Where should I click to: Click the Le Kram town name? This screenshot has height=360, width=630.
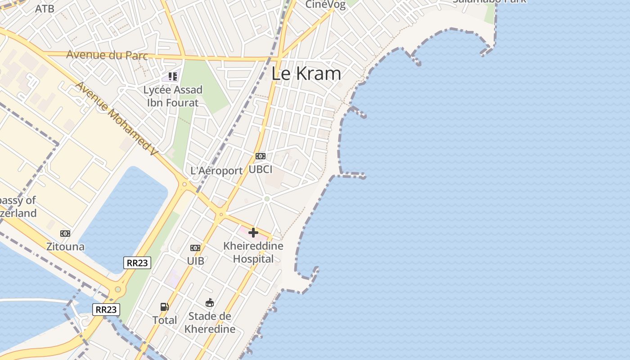[306, 74]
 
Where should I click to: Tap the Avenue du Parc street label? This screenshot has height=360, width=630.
[107, 55]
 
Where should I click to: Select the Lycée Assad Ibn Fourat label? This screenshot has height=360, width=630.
[173, 96]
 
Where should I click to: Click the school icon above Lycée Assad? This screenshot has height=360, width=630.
[173, 76]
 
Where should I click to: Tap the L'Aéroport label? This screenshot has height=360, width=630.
[216, 171]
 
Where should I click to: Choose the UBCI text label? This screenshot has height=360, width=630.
[261, 169]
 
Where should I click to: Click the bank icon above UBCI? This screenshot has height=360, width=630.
[261, 156]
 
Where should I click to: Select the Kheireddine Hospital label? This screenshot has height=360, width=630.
[253, 252]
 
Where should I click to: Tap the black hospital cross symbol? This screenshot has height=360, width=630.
[253, 232]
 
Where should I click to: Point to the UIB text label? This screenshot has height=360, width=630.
[195, 261]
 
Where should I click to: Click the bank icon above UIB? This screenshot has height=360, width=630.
[195, 248]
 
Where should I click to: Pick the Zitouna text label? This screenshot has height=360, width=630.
[65, 247]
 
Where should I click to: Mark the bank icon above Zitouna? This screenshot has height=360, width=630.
[65, 233]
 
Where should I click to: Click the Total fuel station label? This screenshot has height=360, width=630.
[165, 320]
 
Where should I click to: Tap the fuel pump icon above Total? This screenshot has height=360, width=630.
[165, 307]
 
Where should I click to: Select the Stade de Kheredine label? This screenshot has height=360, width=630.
[210, 323]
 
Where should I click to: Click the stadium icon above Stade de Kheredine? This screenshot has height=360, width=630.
[210, 302]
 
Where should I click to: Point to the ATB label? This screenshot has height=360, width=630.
[45, 9]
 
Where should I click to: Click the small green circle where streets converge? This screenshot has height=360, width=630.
[267, 198]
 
